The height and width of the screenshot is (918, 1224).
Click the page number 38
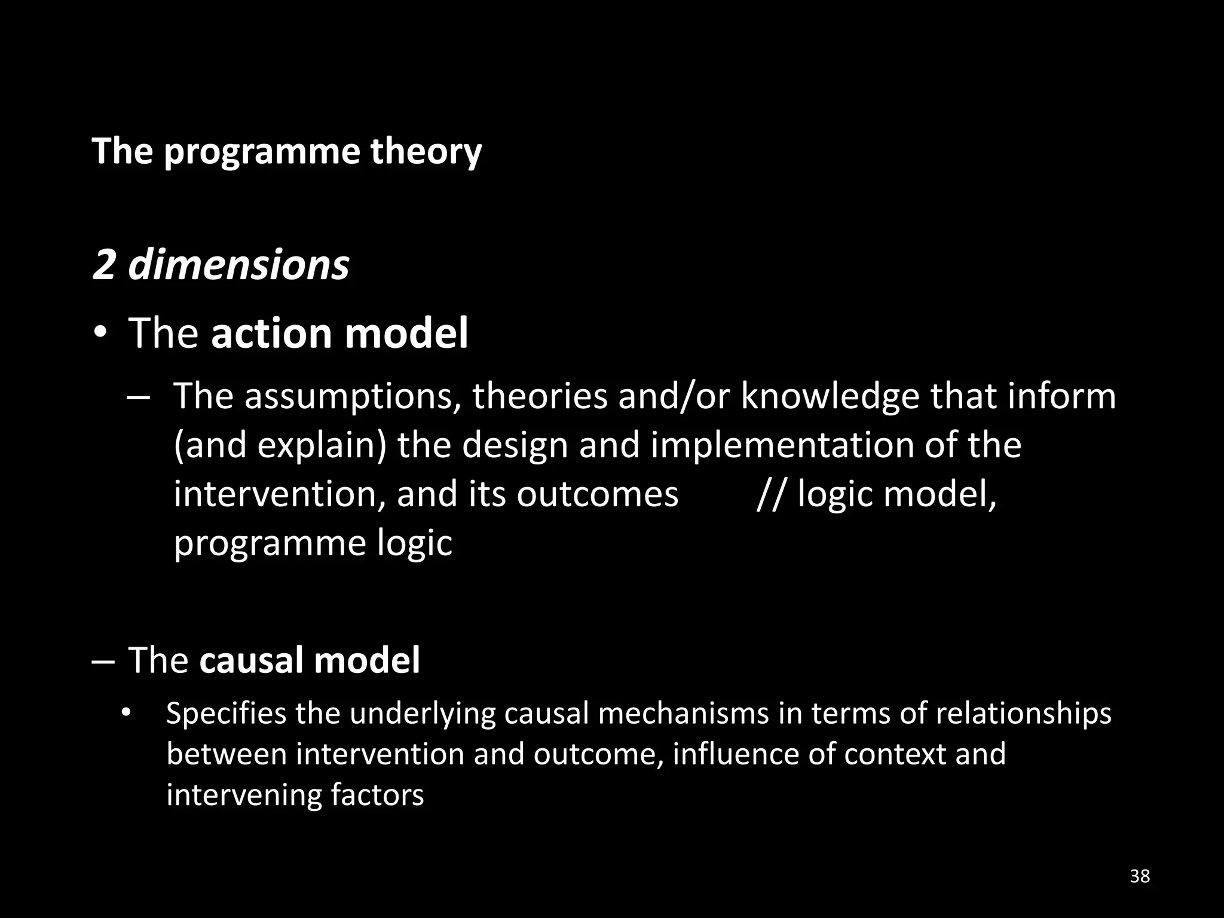tap(1140, 876)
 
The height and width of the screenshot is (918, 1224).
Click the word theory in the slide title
tap(426, 151)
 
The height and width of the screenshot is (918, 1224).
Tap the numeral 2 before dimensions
tap(103, 265)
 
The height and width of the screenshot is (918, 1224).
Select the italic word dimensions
tap(238, 265)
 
